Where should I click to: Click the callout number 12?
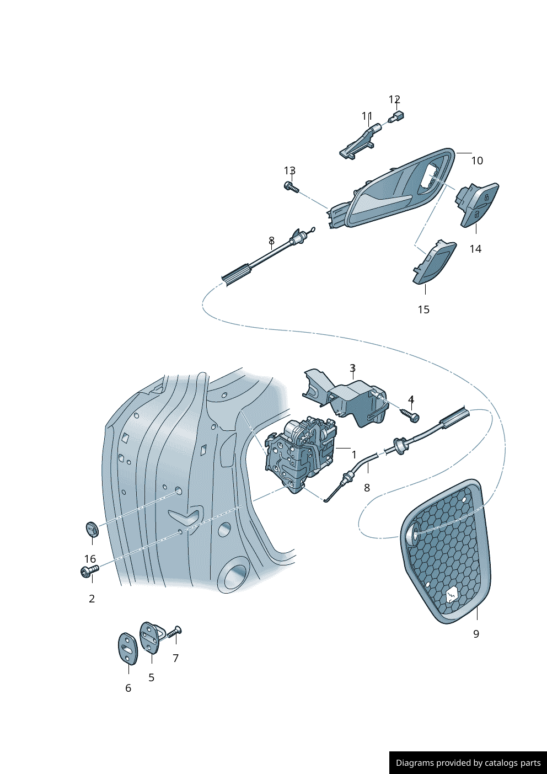tap(394, 99)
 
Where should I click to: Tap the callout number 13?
tap(289, 171)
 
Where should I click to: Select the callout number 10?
tap(477, 161)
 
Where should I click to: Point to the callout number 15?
tap(423, 309)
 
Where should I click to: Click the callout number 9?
tap(476, 634)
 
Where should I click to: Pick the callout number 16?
tap(90, 559)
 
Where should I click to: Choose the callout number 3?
tap(352, 368)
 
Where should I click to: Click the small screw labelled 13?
tap(291, 187)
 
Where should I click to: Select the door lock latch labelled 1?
tap(301, 452)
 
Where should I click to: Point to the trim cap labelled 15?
tap(435, 261)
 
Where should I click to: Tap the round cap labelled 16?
tap(92, 529)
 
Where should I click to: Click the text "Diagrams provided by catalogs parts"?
tap(468, 763)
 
